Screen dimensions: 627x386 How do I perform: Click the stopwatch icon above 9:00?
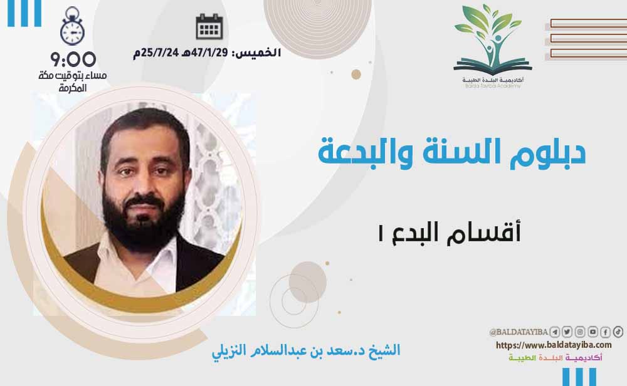(x=72, y=26)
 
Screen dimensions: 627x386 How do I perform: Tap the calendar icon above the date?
(x=209, y=26)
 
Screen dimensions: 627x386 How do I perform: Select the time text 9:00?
(x=73, y=60)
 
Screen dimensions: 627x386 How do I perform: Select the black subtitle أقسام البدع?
(x=450, y=232)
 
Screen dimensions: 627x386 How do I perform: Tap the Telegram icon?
(x=554, y=332)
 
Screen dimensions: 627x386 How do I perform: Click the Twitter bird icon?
(x=567, y=332)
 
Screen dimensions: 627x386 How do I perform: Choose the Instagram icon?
(x=580, y=332)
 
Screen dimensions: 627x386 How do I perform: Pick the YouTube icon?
(x=593, y=332)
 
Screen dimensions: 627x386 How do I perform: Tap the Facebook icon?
(x=606, y=332)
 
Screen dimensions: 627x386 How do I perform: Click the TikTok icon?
(x=618, y=332)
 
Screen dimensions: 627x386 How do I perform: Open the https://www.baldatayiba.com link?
(x=554, y=345)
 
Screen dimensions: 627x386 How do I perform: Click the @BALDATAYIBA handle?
(x=519, y=332)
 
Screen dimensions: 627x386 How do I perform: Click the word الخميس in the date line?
(x=256, y=53)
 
